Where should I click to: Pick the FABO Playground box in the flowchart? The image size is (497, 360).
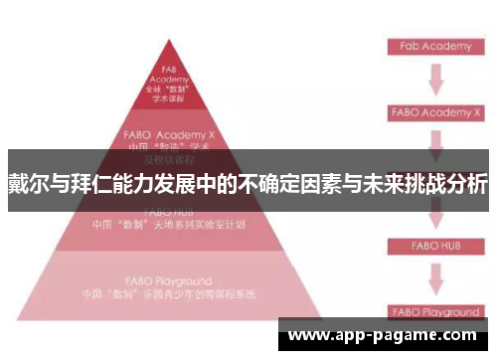(435, 310)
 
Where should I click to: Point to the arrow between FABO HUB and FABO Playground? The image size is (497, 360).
(434, 277)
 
